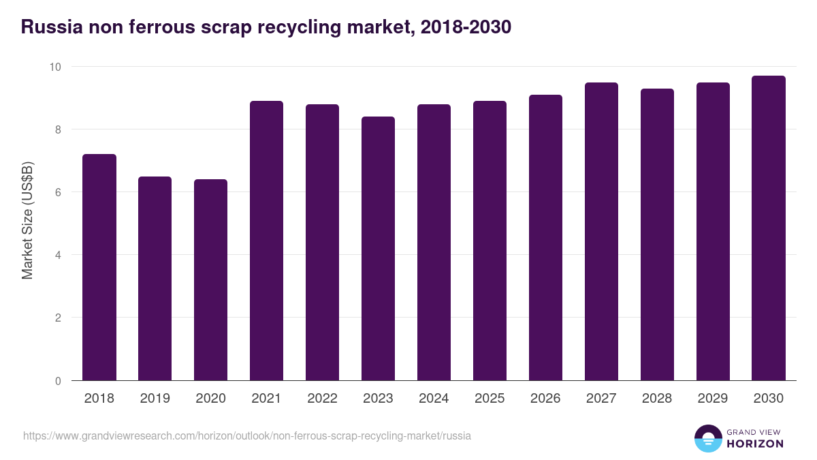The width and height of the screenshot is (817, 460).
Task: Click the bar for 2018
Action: [99, 267]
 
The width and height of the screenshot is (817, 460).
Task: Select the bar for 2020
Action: [211, 280]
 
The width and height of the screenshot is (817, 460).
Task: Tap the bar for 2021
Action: [267, 241]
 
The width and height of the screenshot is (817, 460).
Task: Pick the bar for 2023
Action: [379, 249]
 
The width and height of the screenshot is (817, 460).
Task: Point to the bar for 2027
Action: [602, 232]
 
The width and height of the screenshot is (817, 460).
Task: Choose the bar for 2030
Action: [769, 228]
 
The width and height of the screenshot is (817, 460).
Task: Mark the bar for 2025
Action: [490, 241]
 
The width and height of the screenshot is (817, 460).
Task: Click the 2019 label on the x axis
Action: [155, 399]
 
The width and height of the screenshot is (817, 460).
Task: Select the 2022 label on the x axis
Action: [323, 399]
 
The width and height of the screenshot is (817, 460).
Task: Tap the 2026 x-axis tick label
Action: [546, 399]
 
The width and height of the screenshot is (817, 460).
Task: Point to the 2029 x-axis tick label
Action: [713, 399]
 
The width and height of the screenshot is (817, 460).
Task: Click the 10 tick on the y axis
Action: [54, 67]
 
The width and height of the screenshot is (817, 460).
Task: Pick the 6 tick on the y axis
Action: [58, 192]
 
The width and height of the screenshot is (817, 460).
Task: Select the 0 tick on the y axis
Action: [58, 381]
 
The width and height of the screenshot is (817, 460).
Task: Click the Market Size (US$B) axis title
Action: [27, 219]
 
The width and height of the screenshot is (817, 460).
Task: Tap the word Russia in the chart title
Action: [52, 27]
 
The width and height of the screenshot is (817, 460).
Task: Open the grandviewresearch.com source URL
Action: [246, 435]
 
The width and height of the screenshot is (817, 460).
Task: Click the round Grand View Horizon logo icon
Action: [707, 439]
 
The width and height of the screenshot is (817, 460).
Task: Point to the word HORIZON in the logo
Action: [755, 444]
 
